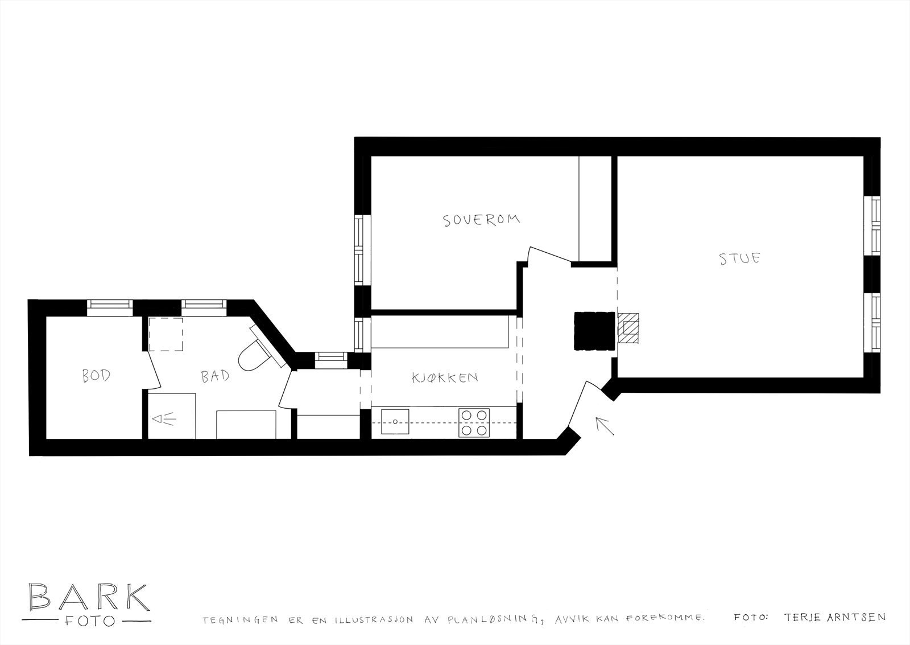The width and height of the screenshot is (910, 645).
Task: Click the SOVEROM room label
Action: click(x=482, y=220)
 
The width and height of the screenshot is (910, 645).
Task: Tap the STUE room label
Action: click(x=739, y=258)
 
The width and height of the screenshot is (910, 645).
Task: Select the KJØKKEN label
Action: click(x=444, y=377)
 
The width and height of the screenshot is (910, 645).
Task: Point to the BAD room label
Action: click(x=216, y=376)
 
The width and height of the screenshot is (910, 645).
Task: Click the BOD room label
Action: click(x=96, y=376)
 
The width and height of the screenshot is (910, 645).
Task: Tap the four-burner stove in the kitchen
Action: click(x=474, y=422)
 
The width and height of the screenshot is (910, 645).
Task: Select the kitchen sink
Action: click(x=395, y=422)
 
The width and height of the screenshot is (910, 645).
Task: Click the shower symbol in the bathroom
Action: click(x=164, y=420)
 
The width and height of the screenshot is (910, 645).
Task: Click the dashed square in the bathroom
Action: click(x=166, y=335)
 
